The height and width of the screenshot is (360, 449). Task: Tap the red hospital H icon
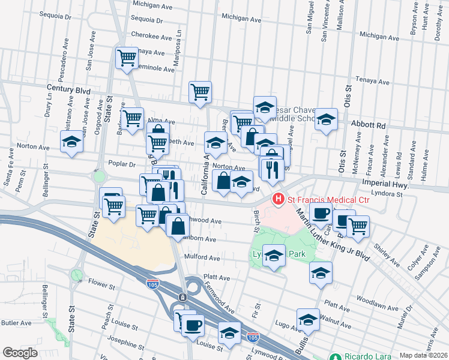pos(279,199)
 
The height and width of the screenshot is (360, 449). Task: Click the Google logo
pos(20,353)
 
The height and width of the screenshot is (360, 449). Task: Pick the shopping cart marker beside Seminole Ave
pos(127,58)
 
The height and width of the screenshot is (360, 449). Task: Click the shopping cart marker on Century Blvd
pos(200,92)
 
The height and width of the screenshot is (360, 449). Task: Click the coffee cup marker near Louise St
pos(192,325)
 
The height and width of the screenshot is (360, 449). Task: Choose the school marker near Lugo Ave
pos(308,319)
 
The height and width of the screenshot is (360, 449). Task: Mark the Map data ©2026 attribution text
pos(423,355)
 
